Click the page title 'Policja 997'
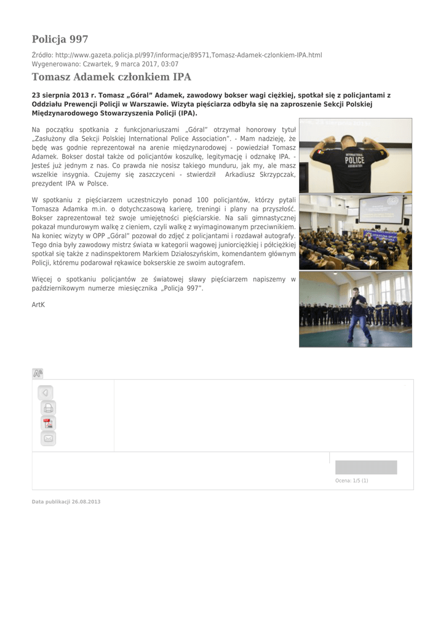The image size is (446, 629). coord(60,39)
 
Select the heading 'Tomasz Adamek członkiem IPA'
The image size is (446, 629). coord(111,77)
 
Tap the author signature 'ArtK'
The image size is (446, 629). coord(38,304)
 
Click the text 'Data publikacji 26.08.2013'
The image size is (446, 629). coord(66,502)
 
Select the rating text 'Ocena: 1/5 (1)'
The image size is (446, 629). coord(351,480)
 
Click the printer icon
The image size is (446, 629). coord(48,407)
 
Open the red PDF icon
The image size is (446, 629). coord(48,423)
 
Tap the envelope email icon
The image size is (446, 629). coord(48,438)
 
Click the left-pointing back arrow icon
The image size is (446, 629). coord(45,392)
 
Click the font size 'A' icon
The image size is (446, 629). coord(38,373)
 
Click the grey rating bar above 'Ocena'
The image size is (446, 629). coord(366,467)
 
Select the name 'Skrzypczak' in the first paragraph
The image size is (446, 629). coord(273,174)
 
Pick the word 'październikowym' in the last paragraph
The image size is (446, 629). coord(59,288)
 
